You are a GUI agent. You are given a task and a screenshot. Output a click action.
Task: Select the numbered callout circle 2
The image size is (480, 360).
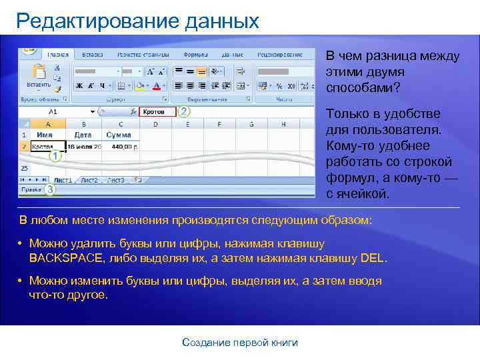[185, 112]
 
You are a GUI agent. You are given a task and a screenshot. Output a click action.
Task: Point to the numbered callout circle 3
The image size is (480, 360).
[51, 190]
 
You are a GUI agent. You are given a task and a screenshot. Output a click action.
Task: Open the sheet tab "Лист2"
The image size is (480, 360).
[89, 180]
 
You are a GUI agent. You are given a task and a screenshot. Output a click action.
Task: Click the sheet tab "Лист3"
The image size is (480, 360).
[116, 180]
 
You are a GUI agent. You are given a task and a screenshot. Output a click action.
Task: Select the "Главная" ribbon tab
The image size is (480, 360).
[58, 54]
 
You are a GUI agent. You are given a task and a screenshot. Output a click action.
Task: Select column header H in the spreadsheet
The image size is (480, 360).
[283, 124]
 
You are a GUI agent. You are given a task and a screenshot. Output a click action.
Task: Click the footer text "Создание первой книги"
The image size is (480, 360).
[240, 343]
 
